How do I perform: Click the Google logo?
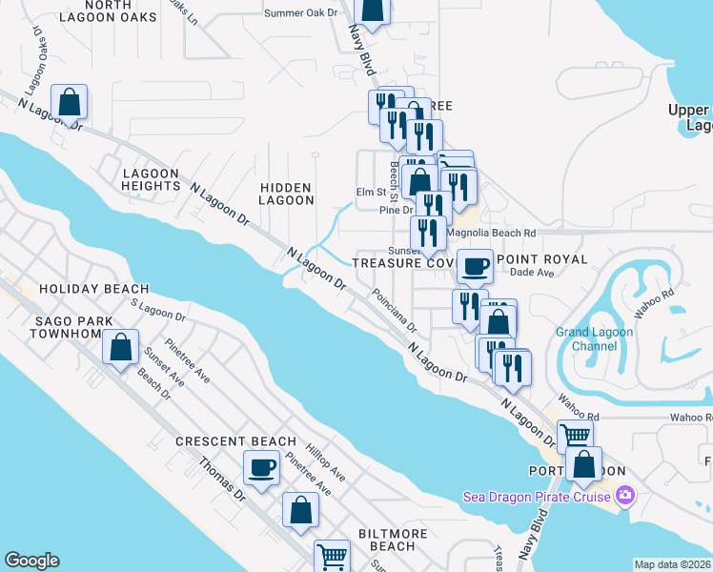tap(31, 561)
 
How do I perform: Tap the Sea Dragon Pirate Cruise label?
tap(539, 496)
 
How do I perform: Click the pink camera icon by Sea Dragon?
tap(625, 495)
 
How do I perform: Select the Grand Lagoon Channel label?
tap(594, 338)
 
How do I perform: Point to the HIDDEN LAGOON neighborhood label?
tap(287, 194)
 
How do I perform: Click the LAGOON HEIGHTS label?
tap(151, 180)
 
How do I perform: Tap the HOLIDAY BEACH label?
tap(93, 289)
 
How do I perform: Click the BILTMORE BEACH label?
tap(386, 540)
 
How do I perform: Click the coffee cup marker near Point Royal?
tap(475, 265)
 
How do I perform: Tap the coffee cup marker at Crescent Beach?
tap(261, 467)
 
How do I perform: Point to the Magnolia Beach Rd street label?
tap(492, 233)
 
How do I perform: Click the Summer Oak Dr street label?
tap(300, 13)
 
